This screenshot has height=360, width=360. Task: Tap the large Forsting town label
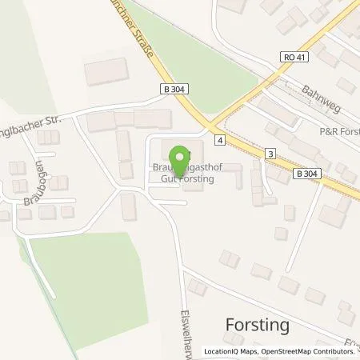point(255,326)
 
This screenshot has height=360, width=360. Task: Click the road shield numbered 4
point(218,139)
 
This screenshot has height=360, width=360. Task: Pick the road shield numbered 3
point(271,153)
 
